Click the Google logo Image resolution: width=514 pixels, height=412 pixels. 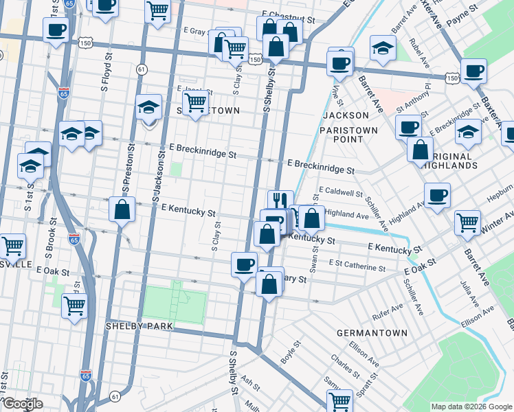click(22, 404)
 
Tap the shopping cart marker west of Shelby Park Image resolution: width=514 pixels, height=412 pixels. click(74, 306)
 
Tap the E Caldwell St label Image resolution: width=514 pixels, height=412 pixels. click(341, 194)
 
